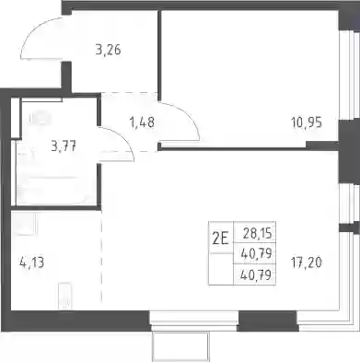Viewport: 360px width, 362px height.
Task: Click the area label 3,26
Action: pyautogui.click(x=108, y=50)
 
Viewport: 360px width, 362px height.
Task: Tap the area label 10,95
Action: pyautogui.click(x=307, y=123)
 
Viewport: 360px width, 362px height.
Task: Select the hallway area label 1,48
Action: pyautogui.click(x=142, y=123)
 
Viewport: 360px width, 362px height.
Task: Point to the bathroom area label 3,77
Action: pyautogui.click(x=64, y=146)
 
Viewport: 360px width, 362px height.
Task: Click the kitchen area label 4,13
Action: pyautogui.click(x=31, y=263)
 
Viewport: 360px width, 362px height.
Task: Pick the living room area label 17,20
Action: pyautogui.click(x=307, y=263)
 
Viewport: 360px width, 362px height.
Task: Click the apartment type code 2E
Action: pyautogui.click(x=221, y=239)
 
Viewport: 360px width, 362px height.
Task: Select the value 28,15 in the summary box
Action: pyautogui.click(x=257, y=234)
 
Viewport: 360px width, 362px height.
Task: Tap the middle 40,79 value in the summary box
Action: pyautogui.click(x=257, y=253)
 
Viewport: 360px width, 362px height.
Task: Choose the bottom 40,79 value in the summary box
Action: pyautogui.click(x=257, y=274)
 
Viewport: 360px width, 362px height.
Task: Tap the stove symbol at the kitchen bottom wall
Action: pyautogui.click(x=64, y=296)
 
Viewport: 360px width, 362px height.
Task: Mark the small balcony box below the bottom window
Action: pyautogui.click(x=180, y=346)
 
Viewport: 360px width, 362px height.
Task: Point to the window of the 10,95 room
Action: pyautogui.click(x=349, y=75)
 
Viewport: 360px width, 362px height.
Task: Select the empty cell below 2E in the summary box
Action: pyautogui.click(x=221, y=269)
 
